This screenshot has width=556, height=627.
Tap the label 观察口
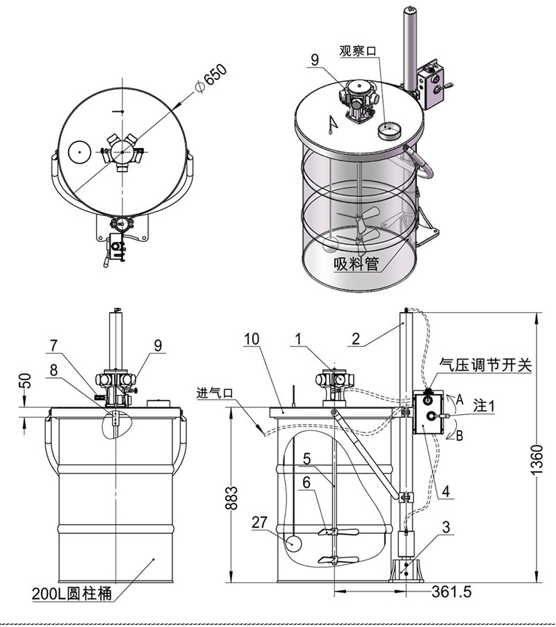click(x=357, y=50)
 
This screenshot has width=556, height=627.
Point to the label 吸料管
click(x=355, y=263)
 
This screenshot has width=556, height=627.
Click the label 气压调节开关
click(x=486, y=365)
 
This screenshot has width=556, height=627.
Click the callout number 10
click(x=252, y=339)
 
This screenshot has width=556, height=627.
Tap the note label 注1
click(x=484, y=403)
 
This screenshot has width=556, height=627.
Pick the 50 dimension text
click(x=24, y=381)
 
